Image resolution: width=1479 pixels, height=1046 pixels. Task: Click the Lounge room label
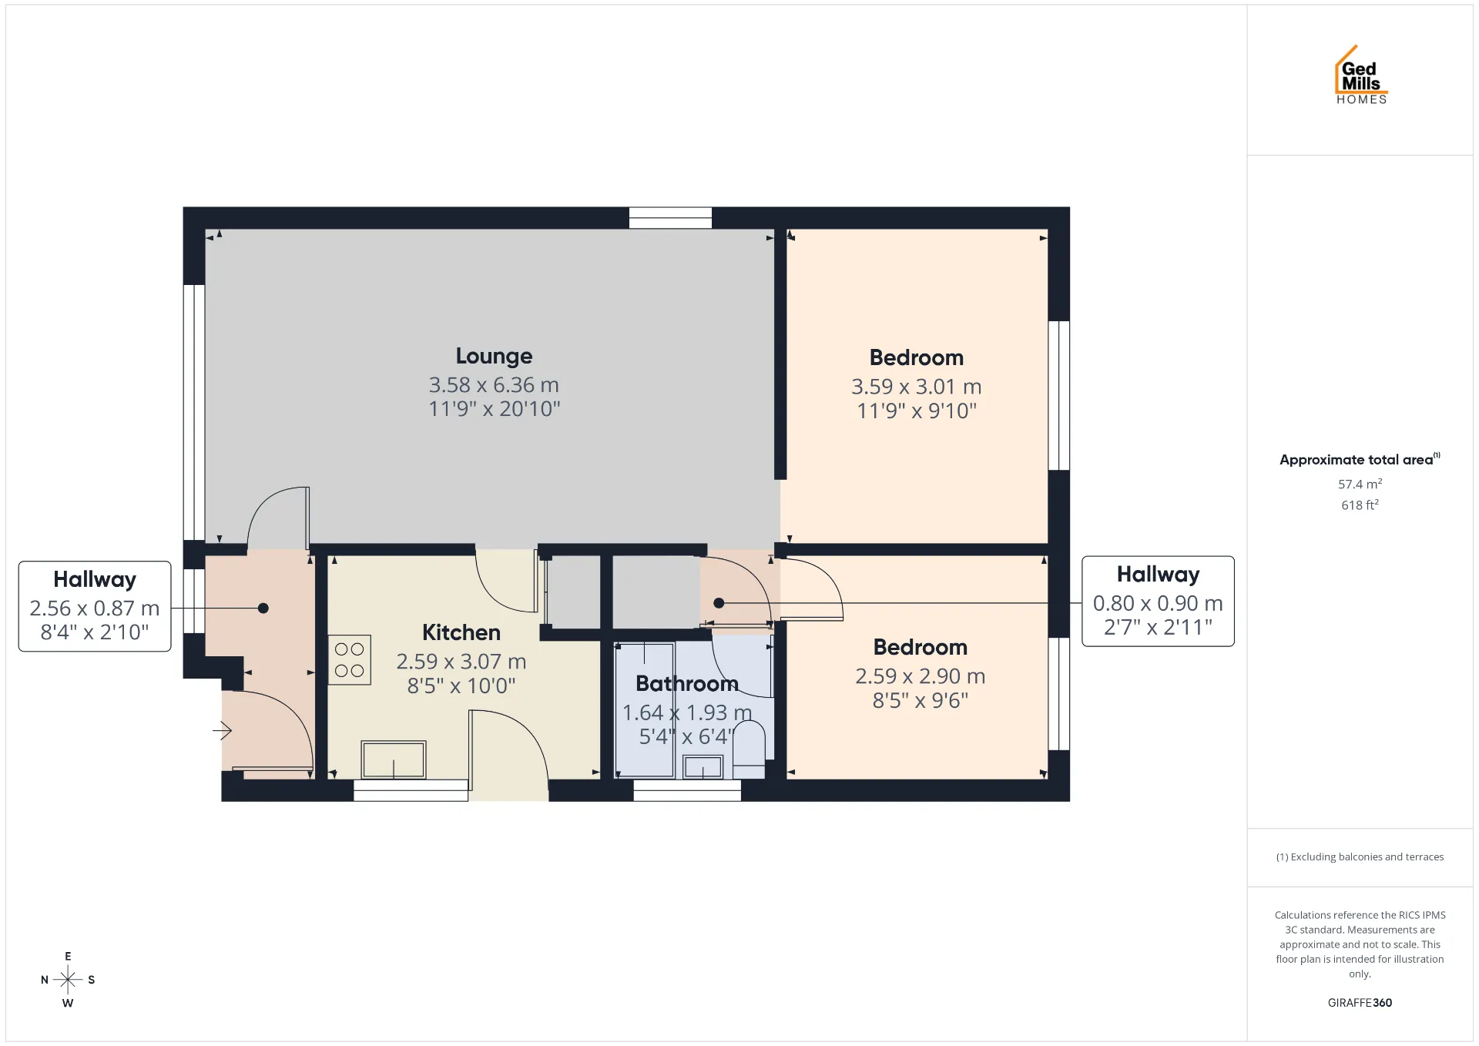[494, 356]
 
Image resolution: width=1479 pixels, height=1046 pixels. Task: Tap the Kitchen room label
[461, 632]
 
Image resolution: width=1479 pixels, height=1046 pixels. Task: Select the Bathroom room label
[687, 683]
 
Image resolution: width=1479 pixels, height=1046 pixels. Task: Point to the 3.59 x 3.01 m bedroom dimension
[917, 387]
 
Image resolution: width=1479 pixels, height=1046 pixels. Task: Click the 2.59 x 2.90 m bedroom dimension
[921, 676]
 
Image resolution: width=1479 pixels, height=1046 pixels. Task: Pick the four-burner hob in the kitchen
[350, 660]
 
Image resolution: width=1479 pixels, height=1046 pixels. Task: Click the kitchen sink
[394, 759]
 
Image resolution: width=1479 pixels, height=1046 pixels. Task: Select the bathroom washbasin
[703, 766]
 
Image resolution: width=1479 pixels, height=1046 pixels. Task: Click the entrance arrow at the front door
[223, 729]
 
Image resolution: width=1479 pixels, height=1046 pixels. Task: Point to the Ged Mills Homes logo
[1361, 75]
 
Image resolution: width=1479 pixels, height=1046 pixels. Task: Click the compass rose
[68, 980]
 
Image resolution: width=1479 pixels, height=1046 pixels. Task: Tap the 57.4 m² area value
[1360, 484]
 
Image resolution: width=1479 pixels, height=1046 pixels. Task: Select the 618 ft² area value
[1360, 505]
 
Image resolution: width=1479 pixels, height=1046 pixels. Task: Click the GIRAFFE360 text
[1360, 1002]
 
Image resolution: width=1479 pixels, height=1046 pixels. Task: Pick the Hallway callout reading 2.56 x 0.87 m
[95, 606]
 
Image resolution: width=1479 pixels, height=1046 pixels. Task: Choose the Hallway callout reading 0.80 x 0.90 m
[1158, 602]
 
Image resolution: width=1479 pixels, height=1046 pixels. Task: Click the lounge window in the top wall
[670, 218]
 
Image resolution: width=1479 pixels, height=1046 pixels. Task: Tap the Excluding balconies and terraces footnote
[1360, 857]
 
